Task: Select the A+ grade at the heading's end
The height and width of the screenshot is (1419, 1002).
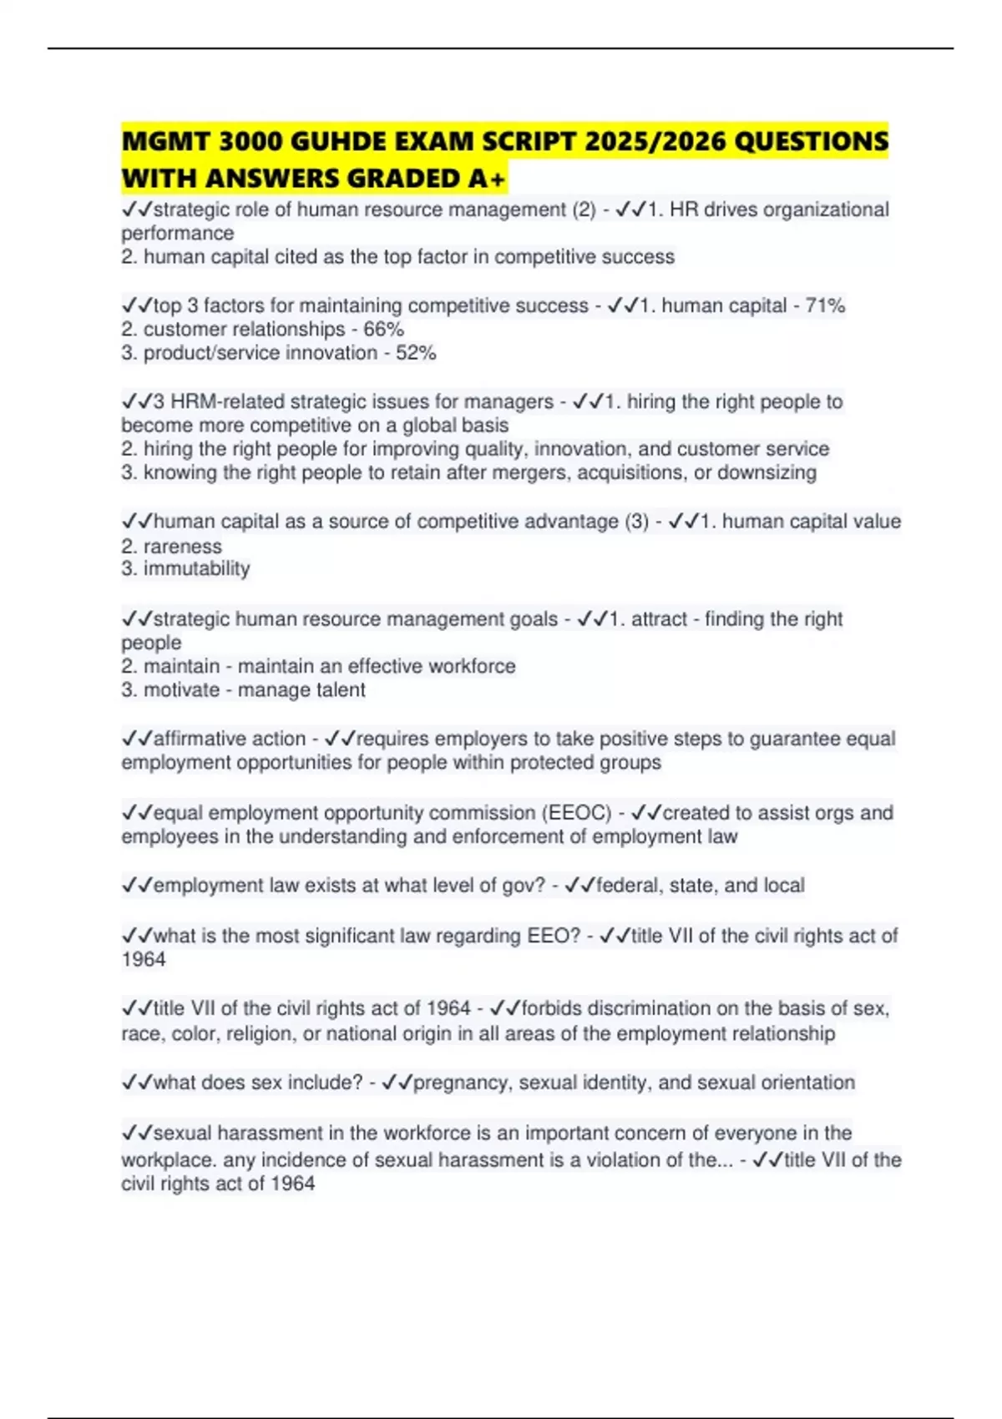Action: pyautogui.click(x=487, y=179)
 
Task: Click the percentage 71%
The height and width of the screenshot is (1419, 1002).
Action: pyautogui.click(x=825, y=306)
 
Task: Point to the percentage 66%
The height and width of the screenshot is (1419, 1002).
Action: pyautogui.click(x=383, y=329)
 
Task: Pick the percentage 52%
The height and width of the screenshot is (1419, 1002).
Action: pyautogui.click(x=416, y=353)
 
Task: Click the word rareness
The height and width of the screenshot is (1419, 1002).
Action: pyautogui.click(x=182, y=547)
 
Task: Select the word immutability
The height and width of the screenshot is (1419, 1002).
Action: pyautogui.click(x=196, y=569)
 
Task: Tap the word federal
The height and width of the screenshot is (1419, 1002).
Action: pyautogui.click(x=627, y=886)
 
